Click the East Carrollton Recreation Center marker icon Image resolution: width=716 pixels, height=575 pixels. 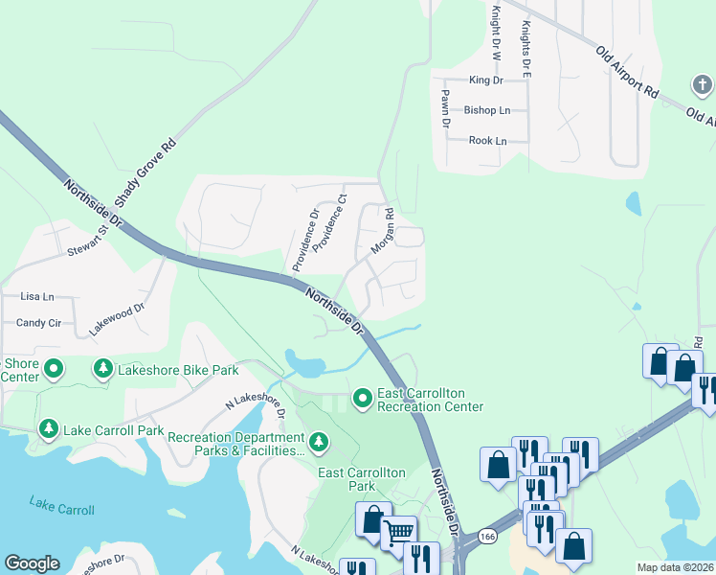pos(363,397)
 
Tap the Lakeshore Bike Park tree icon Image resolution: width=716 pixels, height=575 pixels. pos(102,368)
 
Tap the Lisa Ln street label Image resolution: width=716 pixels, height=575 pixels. pos(37,297)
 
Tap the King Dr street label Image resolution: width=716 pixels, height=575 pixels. pos(485,80)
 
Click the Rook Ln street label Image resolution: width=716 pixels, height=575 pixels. pos(487,140)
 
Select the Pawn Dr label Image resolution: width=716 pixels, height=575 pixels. pos(445,110)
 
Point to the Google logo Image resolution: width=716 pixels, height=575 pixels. pos(32,563)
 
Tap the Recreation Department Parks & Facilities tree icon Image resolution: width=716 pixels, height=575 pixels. pos(319,443)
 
